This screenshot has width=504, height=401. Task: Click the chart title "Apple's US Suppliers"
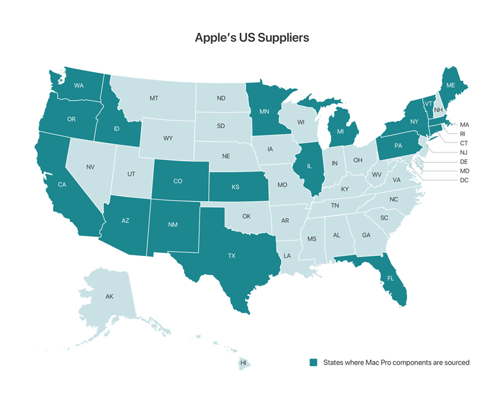tap(252, 37)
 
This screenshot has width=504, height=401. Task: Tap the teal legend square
tap(314, 363)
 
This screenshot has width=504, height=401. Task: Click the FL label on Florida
tap(390, 278)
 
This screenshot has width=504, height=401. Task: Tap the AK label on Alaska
tap(109, 297)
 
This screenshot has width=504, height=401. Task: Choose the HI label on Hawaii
tap(243, 363)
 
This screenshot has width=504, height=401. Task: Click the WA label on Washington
tap(79, 85)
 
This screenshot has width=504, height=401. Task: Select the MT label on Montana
tap(154, 98)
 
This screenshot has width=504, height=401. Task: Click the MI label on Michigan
tap(339, 131)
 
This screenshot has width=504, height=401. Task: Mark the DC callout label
tap(464, 180)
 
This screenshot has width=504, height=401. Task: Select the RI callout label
tap(463, 133)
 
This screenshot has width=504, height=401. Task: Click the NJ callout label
tap(464, 152)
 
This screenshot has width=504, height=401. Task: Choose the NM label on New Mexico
tap(174, 225)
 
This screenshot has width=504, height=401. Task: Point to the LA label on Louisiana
tap(287, 255)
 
